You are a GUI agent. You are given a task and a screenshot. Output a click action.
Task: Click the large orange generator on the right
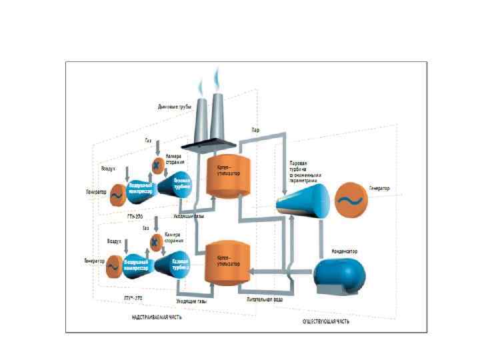[350, 199]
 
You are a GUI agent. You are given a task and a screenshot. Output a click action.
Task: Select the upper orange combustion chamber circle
[157, 163]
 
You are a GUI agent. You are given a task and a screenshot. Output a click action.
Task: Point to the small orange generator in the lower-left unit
[114, 266]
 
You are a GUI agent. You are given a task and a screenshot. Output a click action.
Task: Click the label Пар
[256, 129]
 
